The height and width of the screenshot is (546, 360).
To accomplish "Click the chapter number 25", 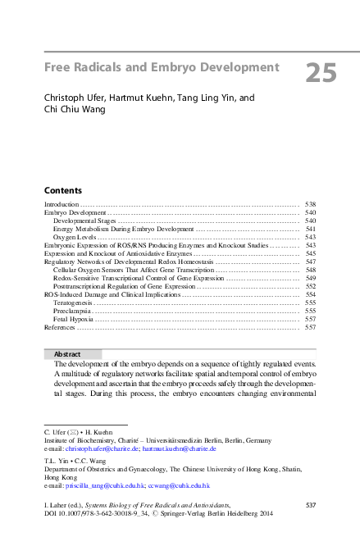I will coord(320,74).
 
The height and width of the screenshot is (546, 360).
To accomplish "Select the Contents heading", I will coord(62,189).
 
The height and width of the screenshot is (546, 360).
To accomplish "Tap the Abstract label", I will coord(70,353).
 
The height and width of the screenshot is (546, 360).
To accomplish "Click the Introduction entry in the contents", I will coord(61,203).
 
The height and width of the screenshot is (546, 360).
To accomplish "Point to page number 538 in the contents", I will coord(310,203).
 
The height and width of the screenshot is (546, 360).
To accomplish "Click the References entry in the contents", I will coord(59,327).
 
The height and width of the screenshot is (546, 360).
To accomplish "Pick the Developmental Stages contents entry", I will coord(84,221).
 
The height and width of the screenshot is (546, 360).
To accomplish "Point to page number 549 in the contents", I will coord(310,278).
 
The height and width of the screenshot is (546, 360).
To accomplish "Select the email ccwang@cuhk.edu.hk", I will coord(178,485).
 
